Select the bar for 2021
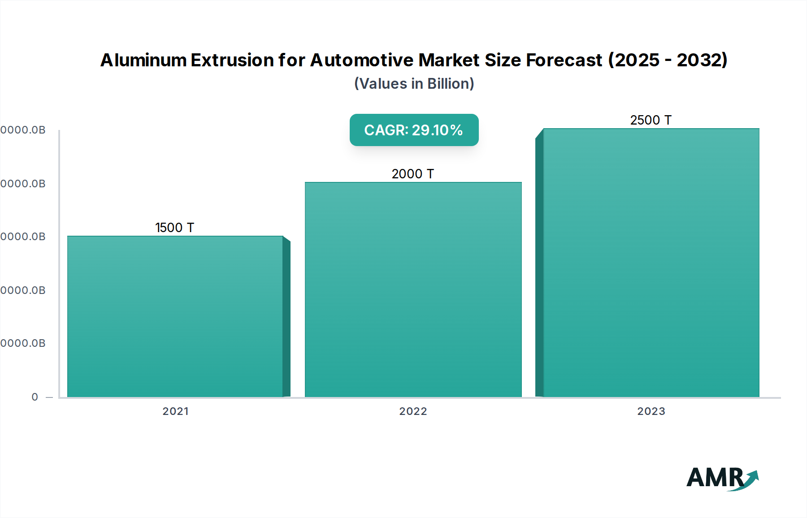[175, 316]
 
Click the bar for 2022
[413, 289]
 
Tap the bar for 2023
[651, 262]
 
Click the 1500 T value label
[174, 228]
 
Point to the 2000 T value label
[412, 174]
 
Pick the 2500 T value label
[651, 120]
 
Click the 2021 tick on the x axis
[175, 411]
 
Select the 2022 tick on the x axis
[413, 411]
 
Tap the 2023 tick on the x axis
[651, 411]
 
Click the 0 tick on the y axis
[35, 397]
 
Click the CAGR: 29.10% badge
[413, 130]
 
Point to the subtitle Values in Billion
[414, 84]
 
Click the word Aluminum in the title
[143, 60]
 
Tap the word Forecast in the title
[564, 60]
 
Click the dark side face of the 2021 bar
[286, 318]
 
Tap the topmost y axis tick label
[23, 130]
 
